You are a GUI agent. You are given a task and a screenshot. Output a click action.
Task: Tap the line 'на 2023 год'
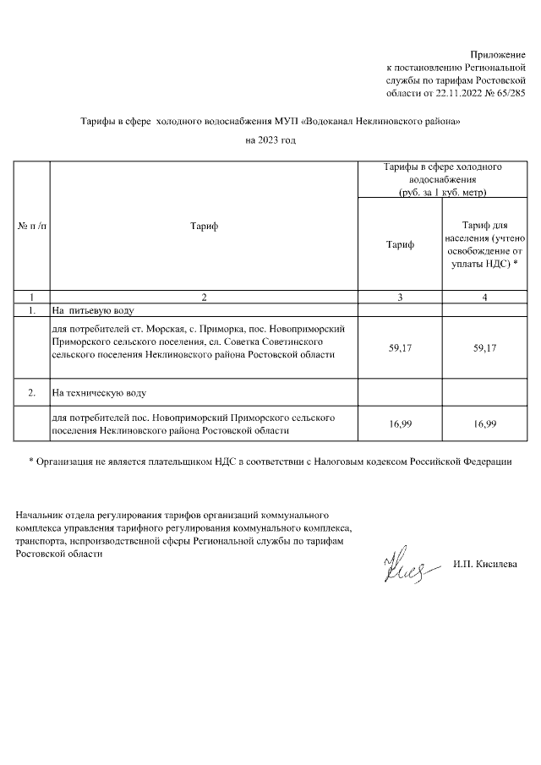[270, 140]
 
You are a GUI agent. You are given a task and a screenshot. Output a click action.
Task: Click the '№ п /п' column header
[32, 227]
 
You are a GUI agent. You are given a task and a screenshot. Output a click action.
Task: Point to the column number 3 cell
[400, 297]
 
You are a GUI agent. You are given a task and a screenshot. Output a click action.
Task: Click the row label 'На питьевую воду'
[89, 311]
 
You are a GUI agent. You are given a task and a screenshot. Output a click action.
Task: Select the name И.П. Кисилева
[485, 564]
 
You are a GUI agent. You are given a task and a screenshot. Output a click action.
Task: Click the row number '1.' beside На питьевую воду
[32, 311]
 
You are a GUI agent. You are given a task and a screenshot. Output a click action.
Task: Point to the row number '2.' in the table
[32, 392]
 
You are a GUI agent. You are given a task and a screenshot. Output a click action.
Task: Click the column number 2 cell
[203, 297]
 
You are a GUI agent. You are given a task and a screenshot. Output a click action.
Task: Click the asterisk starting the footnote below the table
[31, 462]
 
